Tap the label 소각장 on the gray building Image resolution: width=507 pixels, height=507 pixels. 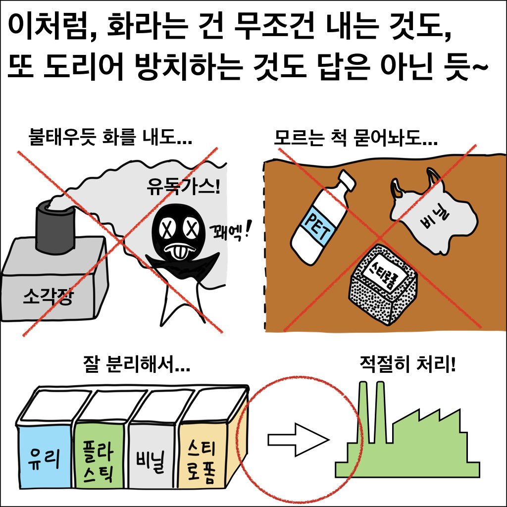[48, 297]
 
